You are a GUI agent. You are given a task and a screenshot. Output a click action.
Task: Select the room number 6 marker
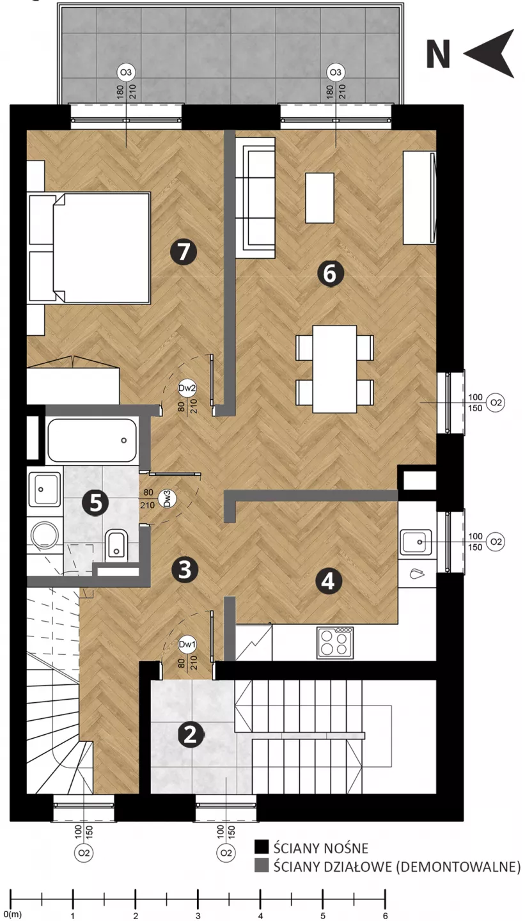330,274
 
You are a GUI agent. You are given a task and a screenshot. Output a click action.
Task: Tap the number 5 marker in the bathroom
95,503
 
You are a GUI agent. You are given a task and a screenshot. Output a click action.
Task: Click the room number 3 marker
185,569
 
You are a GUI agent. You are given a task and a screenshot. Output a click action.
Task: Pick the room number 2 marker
191,734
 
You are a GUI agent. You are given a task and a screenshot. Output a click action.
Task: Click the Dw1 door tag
187,645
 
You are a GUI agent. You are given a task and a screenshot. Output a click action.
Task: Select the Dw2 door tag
187,388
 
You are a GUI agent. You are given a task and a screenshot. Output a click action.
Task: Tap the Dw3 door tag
167,498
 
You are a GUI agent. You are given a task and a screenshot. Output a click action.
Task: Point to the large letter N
438,54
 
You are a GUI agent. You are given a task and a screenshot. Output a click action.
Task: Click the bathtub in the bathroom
92,440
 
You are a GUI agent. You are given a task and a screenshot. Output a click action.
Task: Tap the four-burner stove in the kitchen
335,643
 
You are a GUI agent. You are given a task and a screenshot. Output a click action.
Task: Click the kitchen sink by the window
416,542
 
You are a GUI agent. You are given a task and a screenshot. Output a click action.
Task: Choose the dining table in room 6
334,369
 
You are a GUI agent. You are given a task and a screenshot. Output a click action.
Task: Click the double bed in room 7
89,248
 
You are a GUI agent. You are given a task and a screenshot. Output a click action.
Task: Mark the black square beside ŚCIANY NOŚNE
262,847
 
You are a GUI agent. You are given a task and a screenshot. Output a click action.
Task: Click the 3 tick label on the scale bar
198,915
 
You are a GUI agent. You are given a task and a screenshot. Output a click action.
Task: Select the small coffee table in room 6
320,198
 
